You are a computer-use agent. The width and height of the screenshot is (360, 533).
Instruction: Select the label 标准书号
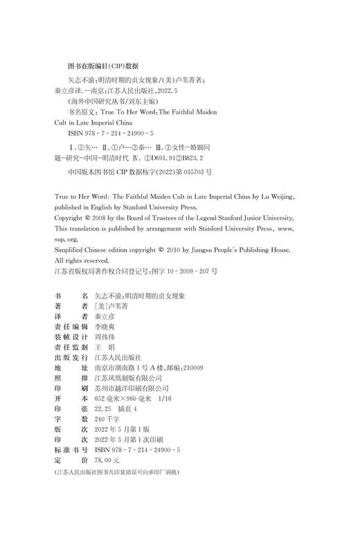70,448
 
